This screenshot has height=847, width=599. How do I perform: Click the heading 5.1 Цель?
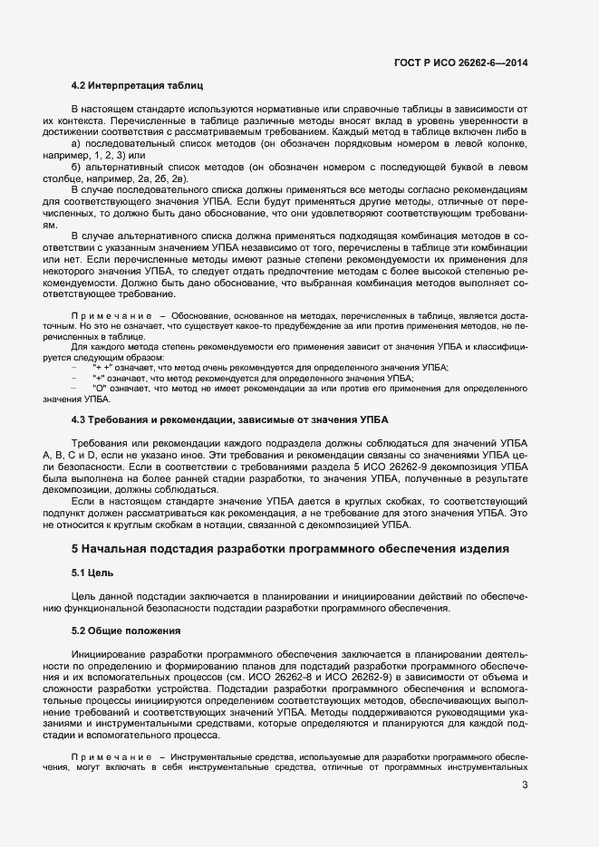pyautogui.click(x=92, y=573)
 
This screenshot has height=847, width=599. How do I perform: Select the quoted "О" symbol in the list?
pyautogui.click(x=100, y=388)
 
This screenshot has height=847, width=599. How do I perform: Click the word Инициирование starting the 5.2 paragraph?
pyautogui.click(x=111, y=652)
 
